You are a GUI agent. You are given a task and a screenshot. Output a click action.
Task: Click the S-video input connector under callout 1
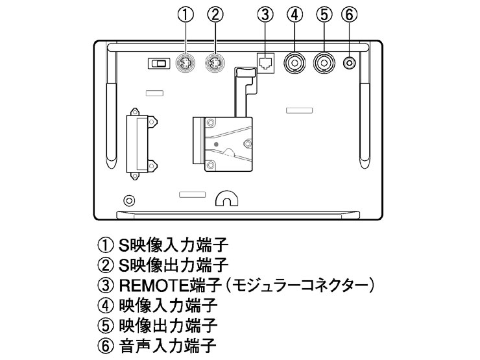186,64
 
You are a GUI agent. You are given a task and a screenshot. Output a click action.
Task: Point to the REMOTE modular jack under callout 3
265,62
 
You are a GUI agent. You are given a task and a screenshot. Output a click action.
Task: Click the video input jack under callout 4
296,63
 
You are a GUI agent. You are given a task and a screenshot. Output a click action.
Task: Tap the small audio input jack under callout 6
350,63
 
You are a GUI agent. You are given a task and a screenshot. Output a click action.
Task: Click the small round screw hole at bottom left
129,200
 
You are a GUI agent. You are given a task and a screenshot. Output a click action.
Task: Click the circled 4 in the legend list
105,304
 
